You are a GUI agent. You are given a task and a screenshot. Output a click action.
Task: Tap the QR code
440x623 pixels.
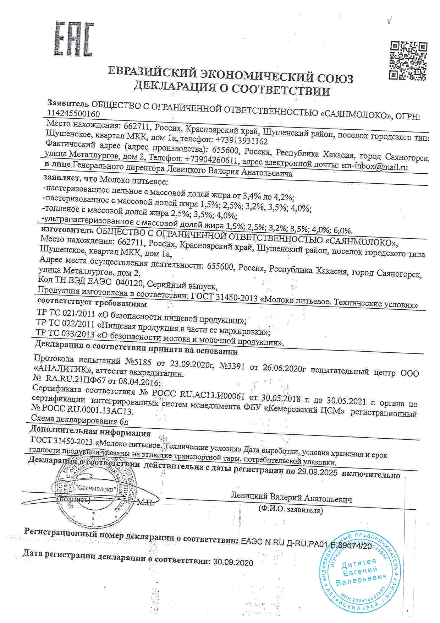(x=408, y=60)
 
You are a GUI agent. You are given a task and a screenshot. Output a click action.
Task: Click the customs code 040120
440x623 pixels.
(x=130, y=283)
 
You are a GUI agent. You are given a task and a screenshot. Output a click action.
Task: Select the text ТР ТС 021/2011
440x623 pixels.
(x=65, y=313)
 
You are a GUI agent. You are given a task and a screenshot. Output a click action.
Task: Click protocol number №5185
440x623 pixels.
(x=138, y=362)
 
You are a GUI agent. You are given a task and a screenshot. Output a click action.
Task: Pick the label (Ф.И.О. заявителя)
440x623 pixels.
(x=291, y=510)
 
